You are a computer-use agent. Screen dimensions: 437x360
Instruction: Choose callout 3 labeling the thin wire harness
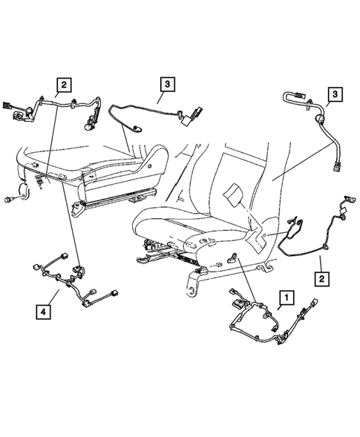pos(167,85)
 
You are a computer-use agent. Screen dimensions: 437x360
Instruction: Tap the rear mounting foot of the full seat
pos(194,281)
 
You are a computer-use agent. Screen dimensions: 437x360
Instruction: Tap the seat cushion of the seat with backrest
pos(178,223)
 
